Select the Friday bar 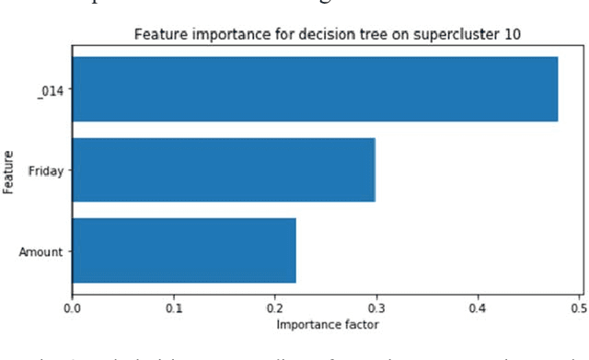(224, 169)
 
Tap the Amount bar (184, 250)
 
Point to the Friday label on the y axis (46, 170)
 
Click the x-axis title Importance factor (327, 324)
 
